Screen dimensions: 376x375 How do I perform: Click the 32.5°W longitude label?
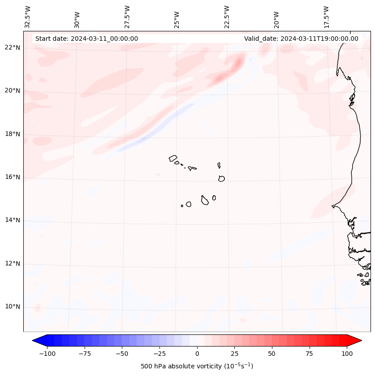click(x=28, y=17)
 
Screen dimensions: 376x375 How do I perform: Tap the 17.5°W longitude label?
click(x=326, y=17)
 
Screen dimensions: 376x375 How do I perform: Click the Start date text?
click(x=86, y=39)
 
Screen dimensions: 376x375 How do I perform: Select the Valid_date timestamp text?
click(x=301, y=39)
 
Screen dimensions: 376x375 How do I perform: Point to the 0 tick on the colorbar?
click(x=197, y=354)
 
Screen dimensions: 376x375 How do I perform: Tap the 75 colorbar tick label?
click(x=309, y=354)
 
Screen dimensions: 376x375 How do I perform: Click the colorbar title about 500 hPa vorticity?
click(x=197, y=367)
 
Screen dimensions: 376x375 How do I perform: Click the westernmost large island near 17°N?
click(x=173, y=158)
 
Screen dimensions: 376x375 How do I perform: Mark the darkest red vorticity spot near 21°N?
click(x=238, y=61)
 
